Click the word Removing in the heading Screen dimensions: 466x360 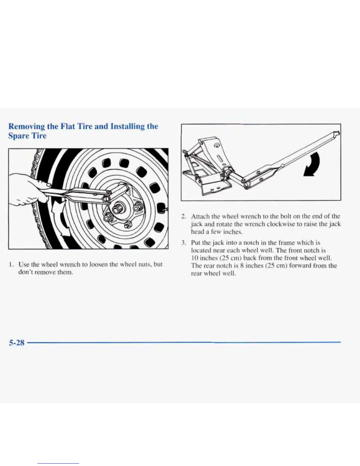tap(26, 127)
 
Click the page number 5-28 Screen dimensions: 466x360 tap(16, 342)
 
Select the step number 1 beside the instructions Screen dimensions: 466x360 tap(11, 264)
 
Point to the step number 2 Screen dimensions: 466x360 tap(183, 217)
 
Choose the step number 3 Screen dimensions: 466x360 tap(183, 243)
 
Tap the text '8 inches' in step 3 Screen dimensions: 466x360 tap(244, 266)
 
